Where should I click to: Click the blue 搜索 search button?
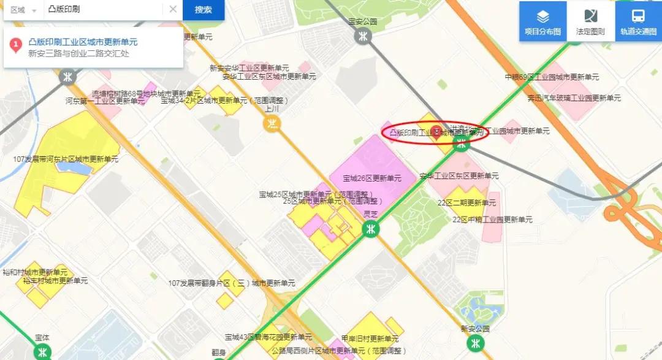[204, 10]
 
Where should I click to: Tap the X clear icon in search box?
[173, 9]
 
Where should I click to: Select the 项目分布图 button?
[542, 22]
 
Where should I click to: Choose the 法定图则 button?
[590, 22]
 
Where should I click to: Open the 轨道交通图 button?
[638, 22]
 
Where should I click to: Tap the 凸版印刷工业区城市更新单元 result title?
[83, 42]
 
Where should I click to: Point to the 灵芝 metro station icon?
[370, 229]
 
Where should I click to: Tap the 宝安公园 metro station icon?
[363, 36]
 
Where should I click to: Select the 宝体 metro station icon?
[42, 352]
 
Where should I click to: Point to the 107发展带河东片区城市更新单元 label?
[66, 159]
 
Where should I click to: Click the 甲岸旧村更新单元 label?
[370, 339]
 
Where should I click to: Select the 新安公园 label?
[476, 329]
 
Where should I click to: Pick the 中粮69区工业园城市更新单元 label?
[552, 77]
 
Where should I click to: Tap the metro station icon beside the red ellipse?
[460, 144]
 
